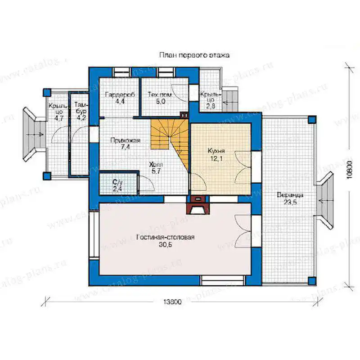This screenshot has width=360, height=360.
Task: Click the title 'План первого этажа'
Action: pyautogui.click(x=194, y=55)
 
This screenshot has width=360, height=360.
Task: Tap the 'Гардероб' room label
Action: pyautogui.click(x=120, y=94)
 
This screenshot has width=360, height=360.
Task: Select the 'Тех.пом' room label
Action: pyautogui.click(x=160, y=94)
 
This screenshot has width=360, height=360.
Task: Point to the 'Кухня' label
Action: pyautogui.click(x=216, y=151)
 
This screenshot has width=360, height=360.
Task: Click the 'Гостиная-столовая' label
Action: pyautogui.click(x=165, y=237)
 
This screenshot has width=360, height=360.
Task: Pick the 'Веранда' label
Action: pyautogui.click(x=290, y=195)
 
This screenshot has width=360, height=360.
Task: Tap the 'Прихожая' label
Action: pyautogui.click(x=125, y=140)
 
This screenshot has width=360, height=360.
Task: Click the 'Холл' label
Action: pyautogui.click(x=156, y=165)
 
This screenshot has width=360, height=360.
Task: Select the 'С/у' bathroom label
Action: pyautogui.click(x=117, y=182)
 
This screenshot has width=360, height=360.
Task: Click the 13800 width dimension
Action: pyautogui.click(x=172, y=301)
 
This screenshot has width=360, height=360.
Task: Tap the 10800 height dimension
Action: pyautogui.click(x=349, y=169)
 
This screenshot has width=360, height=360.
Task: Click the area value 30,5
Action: pyautogui.click(x=165, y=245)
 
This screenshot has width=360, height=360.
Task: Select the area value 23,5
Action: pyautogui.click(x=290, y=202)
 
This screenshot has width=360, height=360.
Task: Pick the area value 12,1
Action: pyautogui.click(x=216, y=158)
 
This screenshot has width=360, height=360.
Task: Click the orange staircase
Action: pyautogui.click(x=170, y=140)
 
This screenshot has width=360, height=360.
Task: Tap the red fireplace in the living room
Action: pyautogui.click(x=198, y=205)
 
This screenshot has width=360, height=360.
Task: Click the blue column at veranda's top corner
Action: pyautogui.click(x=312, y=120)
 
